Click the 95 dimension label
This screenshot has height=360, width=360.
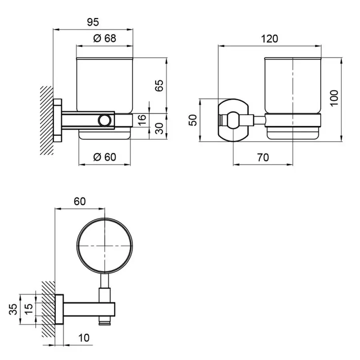[92, 22]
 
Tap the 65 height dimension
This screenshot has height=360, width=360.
[159, 86]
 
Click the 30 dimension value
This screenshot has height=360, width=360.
[159, 128]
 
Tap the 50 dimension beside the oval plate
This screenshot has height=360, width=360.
[193, 120]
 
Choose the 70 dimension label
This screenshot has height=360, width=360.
[262, 157]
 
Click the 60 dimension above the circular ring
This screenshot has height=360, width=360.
[80, 202]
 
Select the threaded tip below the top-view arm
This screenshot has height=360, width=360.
[105, 320]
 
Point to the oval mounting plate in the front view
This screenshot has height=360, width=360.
[233, 120]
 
